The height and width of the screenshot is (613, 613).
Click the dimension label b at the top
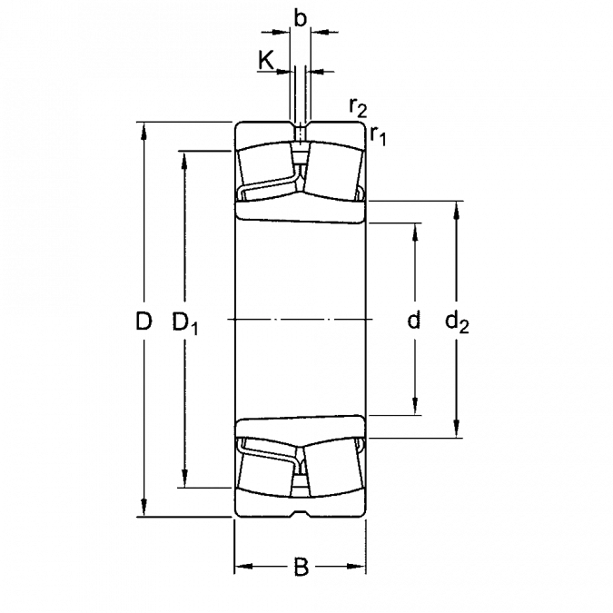coord(300,18)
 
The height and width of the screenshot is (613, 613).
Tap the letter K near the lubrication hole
coord(266,60)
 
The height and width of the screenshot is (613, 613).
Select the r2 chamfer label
coord(358,107)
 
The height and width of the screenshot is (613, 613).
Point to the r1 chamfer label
coord(378,135)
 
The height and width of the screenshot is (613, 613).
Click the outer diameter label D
coord(143,321)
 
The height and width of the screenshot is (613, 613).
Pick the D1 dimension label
coord(185,323)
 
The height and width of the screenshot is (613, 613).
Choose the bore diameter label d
coord(413,321)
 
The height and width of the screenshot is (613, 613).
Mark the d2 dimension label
coord(457,323)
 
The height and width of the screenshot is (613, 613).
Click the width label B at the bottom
coord(301,568)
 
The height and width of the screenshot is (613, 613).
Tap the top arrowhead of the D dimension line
coord(144,131)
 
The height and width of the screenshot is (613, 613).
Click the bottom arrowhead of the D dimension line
coord(144,509)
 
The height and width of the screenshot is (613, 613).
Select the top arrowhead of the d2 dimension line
coord(456,210)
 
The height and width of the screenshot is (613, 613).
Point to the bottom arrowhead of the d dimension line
coord(415,407)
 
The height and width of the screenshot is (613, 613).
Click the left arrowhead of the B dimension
coord(243,566)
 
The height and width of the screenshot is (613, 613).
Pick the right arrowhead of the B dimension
coord(357,566)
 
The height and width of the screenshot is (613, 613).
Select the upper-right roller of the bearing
coord(333,171)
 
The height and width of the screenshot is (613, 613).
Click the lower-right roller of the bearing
coord(333,468)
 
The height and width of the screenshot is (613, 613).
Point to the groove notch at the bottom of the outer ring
coord(300,513)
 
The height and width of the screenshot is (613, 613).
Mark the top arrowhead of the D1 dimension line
coord(184,160)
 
